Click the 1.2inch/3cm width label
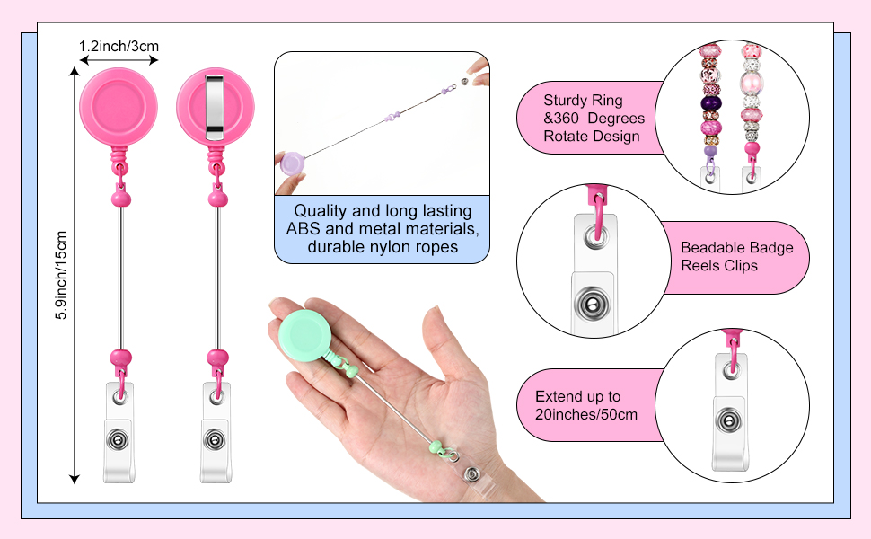tap(119, 45)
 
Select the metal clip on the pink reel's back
tap(215, 106)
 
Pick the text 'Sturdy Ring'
tap(583, 101)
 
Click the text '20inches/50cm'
tap(586, 414)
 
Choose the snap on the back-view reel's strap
tap(215, 439)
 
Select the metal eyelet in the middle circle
tap(593, 235)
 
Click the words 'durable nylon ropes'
tap(383, 246)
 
